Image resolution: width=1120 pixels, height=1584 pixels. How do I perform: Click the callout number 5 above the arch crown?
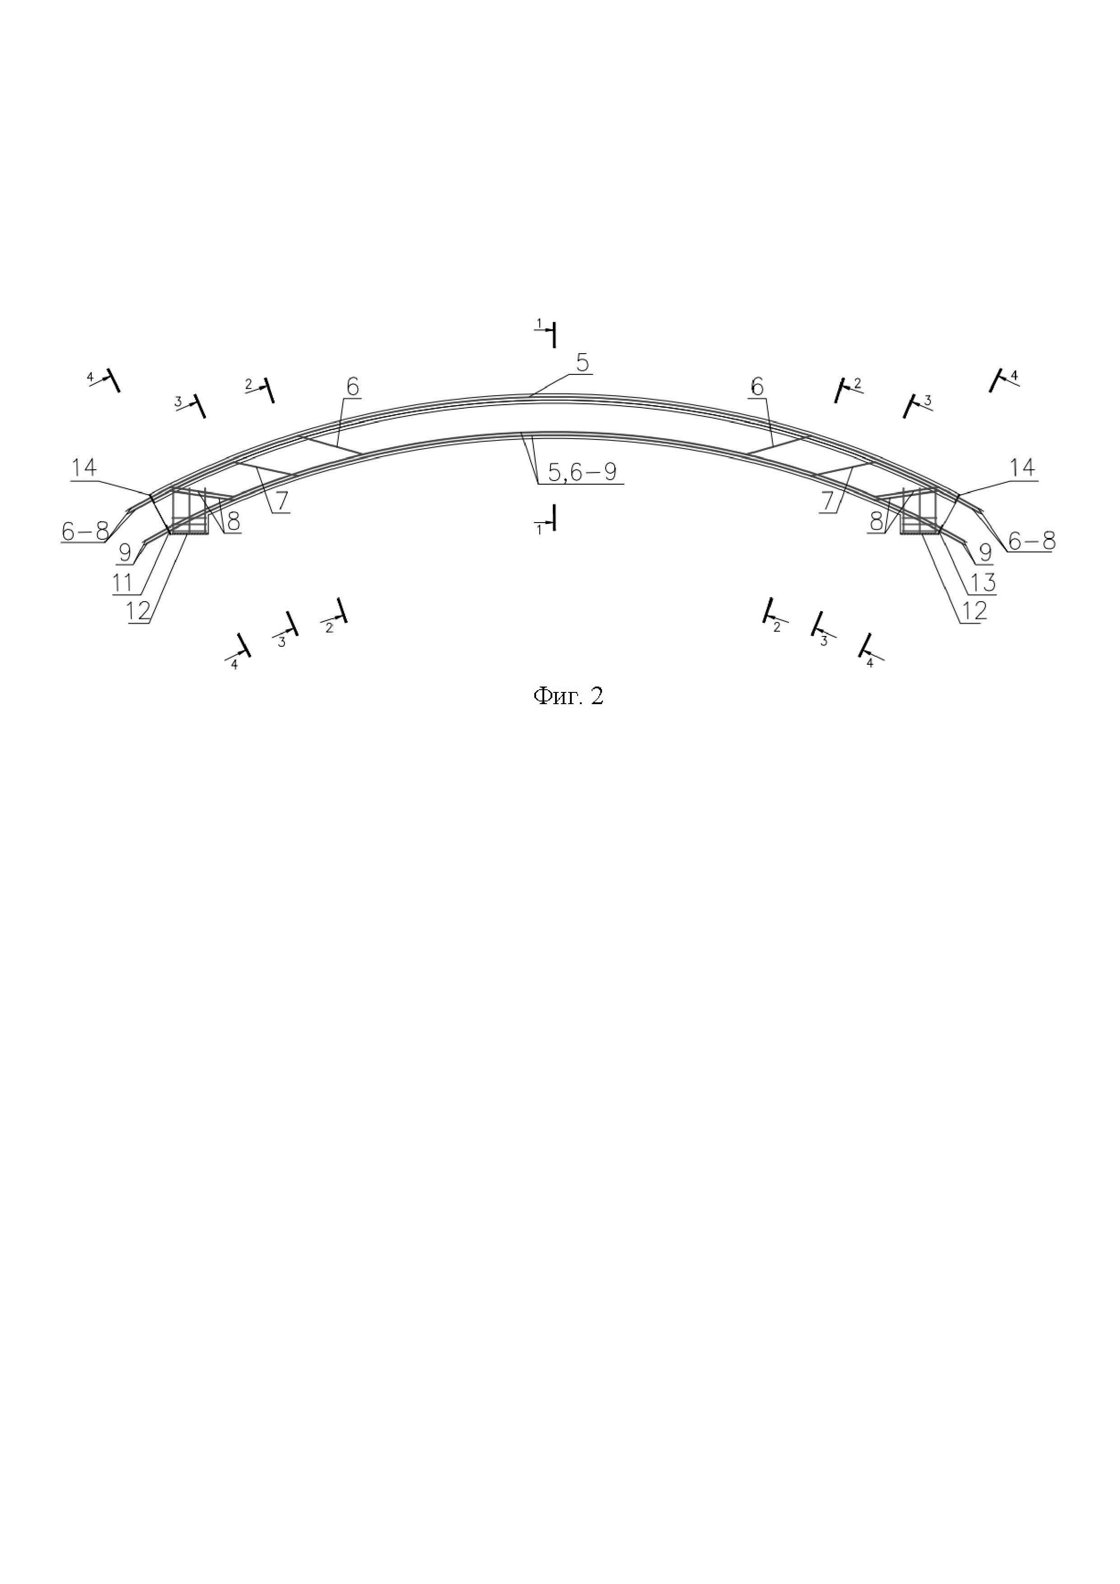pyautogui.click(x=583, y=363)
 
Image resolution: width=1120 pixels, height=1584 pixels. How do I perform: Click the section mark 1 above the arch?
pyautogui.click(x=540, y=323)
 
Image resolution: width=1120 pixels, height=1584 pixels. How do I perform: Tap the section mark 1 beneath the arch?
pyautogui.click(x=539, y=529)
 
